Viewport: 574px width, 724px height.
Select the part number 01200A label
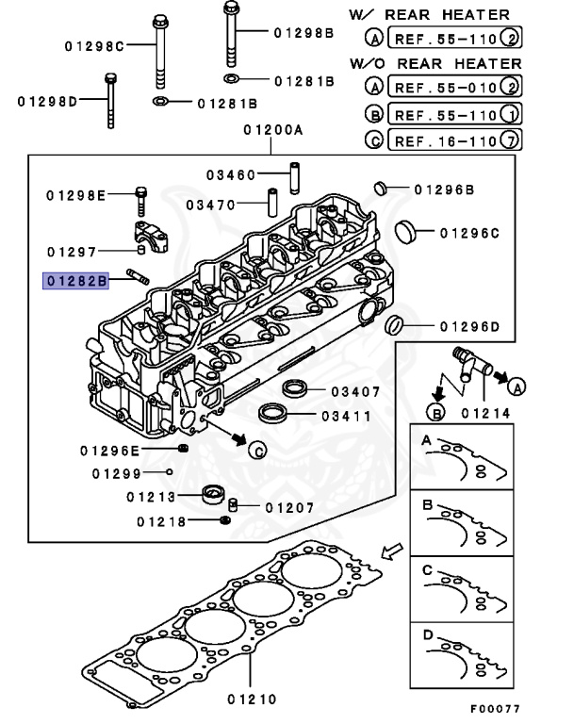271,132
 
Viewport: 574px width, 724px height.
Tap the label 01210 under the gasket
251,699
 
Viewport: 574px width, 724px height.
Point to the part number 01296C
468,231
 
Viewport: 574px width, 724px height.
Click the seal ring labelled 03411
274,412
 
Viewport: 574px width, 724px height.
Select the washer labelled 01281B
161,102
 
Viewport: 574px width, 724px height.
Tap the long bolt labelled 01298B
231,33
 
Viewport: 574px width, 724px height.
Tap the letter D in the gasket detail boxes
427,635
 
